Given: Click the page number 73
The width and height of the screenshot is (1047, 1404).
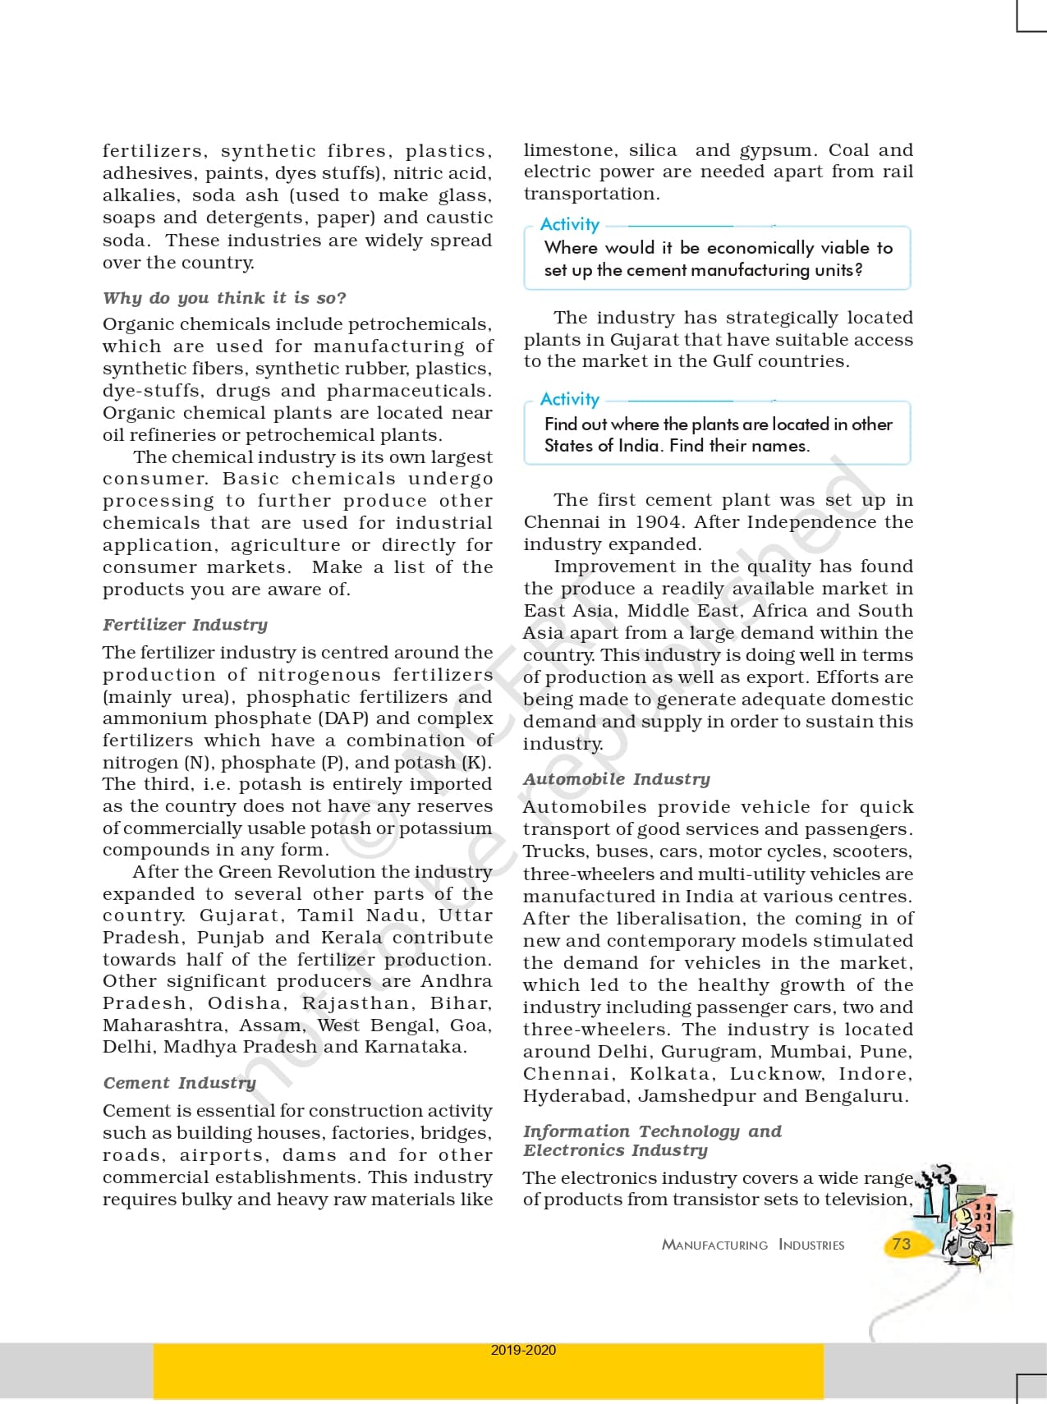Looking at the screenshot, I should tap(901, 1244).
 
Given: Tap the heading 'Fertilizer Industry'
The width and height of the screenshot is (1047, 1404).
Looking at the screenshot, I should tap(185, 625).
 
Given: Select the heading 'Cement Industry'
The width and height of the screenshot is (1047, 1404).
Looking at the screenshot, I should tap(179, 1083).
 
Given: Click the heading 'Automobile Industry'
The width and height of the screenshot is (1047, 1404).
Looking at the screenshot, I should tap(616, 779).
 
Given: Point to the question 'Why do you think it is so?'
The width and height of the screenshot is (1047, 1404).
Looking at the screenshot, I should tap(224, 298).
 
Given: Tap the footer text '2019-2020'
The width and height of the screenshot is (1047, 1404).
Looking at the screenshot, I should tap(523, 1350).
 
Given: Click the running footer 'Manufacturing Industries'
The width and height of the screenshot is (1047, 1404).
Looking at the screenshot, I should tap(752, 1245).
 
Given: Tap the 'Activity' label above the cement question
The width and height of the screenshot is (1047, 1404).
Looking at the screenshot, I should tap(569, 224).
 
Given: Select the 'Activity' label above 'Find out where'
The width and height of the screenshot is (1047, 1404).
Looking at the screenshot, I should tap(569, 399).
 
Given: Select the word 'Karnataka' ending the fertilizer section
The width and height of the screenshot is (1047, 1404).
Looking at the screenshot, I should tap(415, 1047).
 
